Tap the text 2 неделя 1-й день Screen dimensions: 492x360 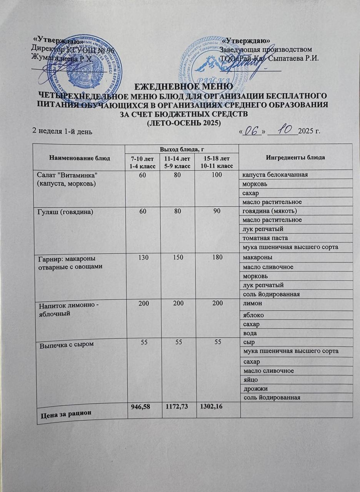[62, 132]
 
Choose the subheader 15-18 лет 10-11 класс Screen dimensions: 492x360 [216, 162]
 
